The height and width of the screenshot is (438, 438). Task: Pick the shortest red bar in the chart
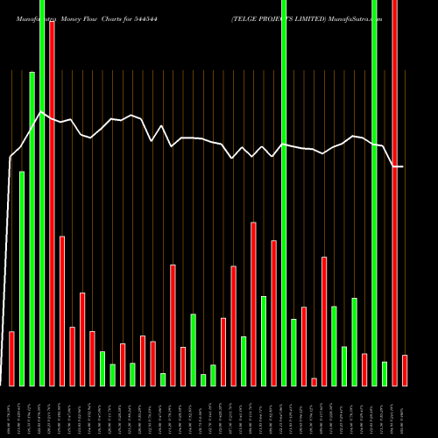click(314, 381)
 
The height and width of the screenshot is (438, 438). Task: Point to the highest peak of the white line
click(41, 112)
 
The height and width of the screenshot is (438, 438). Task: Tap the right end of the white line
click(403, 166)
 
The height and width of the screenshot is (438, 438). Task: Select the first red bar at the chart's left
click(11, 358)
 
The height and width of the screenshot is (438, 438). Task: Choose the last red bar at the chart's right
click(405, 370)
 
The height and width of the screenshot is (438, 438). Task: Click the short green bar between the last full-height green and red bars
click(385, 373)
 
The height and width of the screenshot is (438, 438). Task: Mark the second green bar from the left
click(32, 228)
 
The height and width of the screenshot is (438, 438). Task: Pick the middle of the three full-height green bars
click(284, 193)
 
